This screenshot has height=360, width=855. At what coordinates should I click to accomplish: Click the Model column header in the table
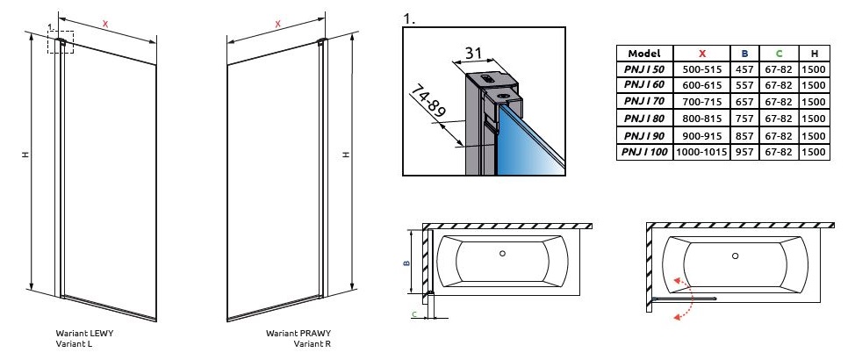pos(644,53)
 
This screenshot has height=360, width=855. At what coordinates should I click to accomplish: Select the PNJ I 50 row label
pos(644,69)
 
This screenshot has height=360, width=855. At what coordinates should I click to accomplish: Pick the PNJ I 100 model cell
pos(644,152)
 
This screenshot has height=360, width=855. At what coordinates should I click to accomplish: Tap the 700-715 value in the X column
pos(702,102)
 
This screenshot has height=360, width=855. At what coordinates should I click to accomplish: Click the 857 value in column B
pos(744,135)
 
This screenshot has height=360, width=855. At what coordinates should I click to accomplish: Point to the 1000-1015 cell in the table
pos(702,152)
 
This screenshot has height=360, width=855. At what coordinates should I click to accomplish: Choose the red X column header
pos(702,53)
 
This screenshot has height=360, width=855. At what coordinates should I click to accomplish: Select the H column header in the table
pos(814,53)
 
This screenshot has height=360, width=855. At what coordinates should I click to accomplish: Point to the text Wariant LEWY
pos(84,335)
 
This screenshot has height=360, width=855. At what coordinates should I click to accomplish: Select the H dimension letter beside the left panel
pos(25,155)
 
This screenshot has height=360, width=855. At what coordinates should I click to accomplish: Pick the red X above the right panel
pos(277,25)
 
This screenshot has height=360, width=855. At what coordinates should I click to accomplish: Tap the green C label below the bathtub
pos(414,312)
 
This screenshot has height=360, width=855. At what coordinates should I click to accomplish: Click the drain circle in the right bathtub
pos(736,256)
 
